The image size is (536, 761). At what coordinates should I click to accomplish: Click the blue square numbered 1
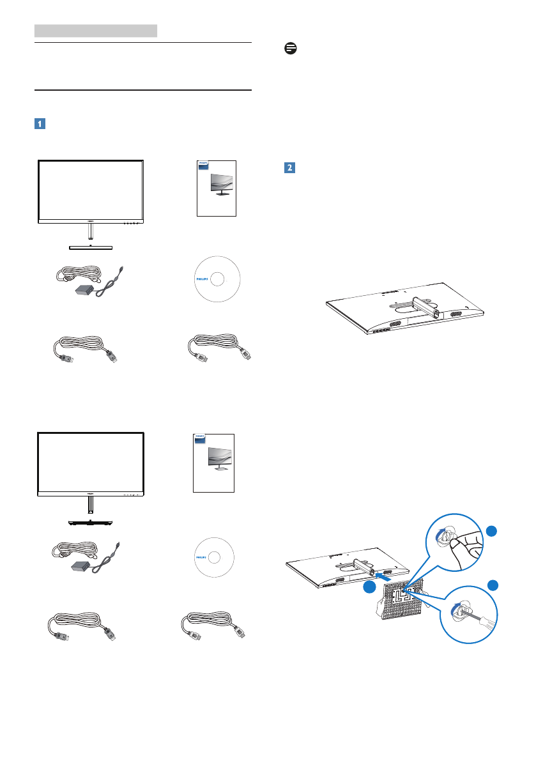coord(40,124)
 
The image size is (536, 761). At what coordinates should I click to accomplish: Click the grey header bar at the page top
coord(96,30)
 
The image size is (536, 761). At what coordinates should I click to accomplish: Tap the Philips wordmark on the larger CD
coord(198,279)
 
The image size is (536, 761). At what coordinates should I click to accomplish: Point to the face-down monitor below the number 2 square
coord(396,311)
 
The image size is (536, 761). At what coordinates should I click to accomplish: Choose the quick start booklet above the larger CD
coord(215,188)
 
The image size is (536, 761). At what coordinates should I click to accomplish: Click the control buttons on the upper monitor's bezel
coord(131,224)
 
